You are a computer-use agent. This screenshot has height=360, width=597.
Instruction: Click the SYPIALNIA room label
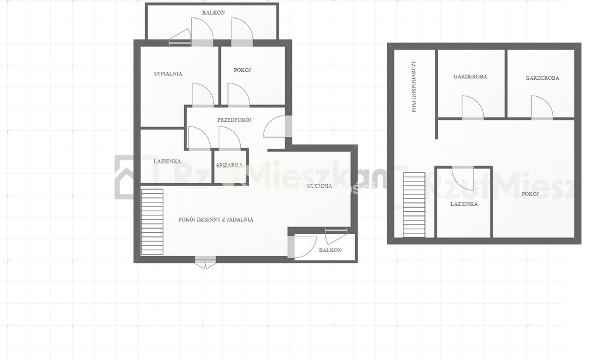tap(168, 74)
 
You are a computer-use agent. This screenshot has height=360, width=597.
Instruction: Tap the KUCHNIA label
tap(319, 186)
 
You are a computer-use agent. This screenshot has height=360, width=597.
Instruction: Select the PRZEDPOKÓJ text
tap(234, 120)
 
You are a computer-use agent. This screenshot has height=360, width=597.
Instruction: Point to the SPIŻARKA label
tap(229, 165)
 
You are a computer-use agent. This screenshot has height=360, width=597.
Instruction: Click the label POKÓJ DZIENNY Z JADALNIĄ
tap(216, 219)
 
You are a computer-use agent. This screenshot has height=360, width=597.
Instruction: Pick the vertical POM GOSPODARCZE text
tap(414, 86)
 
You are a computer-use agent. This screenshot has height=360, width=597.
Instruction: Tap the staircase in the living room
tap(152, 222)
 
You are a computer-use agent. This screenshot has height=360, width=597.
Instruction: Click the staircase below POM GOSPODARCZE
tap(415, 205)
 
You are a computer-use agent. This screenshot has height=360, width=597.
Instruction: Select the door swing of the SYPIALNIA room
tap(203, 94)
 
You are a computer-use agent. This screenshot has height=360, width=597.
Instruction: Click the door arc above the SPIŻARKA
tap(230, 138)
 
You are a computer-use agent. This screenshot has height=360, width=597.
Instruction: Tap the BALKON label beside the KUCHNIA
tap(331, 250)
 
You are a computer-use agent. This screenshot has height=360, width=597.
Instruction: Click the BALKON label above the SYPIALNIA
tap(213, 13)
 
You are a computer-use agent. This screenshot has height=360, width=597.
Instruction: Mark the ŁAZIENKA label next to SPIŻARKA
tap(167, 162)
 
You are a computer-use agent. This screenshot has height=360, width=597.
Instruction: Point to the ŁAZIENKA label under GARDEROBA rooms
tap(464, 204)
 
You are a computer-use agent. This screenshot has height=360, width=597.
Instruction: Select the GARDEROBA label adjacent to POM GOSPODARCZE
tap(470, 76)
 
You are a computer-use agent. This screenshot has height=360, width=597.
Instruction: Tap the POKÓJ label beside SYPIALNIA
tap(243, 70)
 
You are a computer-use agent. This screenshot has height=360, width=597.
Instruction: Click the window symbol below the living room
tap(205, 263)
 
